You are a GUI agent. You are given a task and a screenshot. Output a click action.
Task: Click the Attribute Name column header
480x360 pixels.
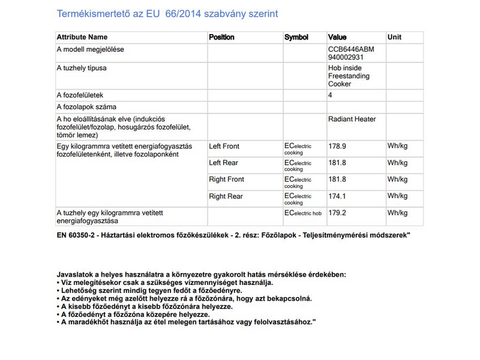click(x=82, y=37)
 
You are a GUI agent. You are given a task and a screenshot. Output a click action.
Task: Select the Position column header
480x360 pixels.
click(x=221, y=37)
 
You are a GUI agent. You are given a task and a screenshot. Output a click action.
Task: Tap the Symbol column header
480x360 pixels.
click(x=296, y=37)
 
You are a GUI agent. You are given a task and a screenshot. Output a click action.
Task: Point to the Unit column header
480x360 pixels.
click(x=394, y=37)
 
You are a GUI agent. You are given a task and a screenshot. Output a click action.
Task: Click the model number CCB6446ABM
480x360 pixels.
click(x=350, y=49)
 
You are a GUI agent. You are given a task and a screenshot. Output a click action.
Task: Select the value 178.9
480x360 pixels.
click(x=337, y=146)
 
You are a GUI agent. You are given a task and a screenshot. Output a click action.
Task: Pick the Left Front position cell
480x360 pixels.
click(x=224, y=146)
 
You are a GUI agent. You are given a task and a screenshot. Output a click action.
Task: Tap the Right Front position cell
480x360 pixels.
click(x=226, y=179)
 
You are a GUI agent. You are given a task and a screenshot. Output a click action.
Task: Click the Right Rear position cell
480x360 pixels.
click(x=226, y=196)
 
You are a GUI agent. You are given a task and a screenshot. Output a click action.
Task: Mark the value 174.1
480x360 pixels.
click(x=337, y=196)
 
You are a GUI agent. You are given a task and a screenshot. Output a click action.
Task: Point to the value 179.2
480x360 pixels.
click(x=337, y=213)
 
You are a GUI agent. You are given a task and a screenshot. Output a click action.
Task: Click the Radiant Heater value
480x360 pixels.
click(x=352, y=119)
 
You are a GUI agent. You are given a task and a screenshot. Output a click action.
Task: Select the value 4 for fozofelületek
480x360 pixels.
click(x=331, y=95)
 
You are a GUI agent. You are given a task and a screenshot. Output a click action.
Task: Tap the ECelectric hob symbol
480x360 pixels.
click(x=303, y=213)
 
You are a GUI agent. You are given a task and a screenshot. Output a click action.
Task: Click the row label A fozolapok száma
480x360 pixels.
click(x=86, y=107)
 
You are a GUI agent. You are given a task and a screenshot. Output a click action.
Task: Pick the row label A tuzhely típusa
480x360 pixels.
click(x=82, y=68)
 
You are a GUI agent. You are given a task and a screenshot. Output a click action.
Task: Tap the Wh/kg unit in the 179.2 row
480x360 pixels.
click(x=397, y=213)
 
